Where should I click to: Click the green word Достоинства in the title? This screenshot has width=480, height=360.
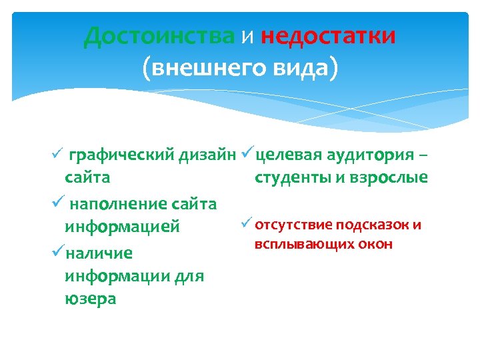pyautogui.click(x=159, y=35)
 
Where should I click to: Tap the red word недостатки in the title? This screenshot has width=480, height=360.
pyautogui.click(x=328, y=35)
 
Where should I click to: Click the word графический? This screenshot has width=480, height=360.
pyautogui.click(x=122, y=156)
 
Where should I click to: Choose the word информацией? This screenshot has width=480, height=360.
pyautogui.click(x=122, y=227)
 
